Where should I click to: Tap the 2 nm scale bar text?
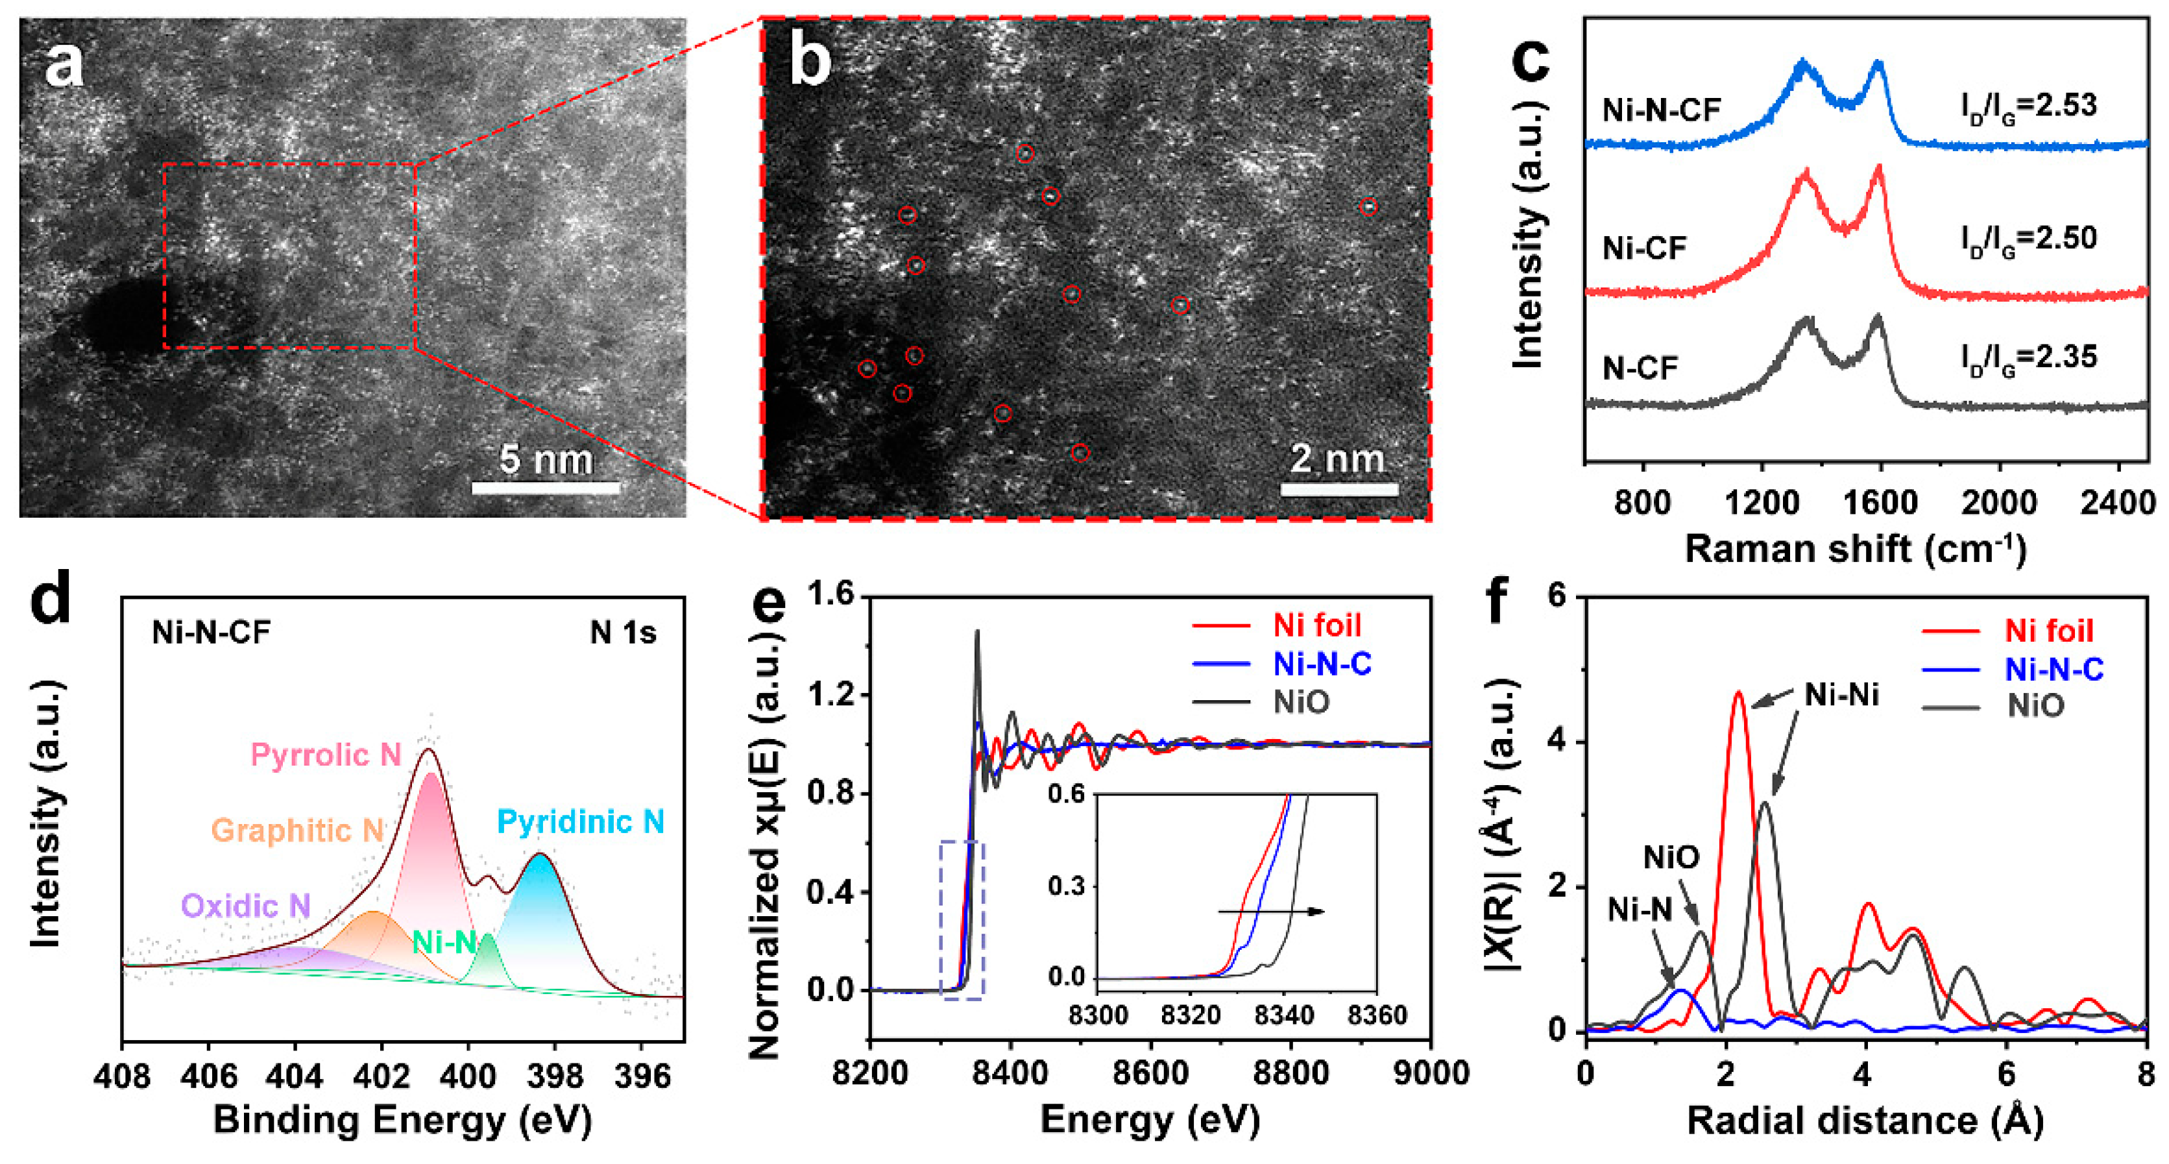[1337, 459]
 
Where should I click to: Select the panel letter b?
[809, 63]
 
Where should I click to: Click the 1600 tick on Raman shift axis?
[1880, 503]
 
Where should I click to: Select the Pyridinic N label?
[580, 821]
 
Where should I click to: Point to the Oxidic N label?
[246, 905]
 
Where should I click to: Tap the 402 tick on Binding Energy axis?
[382, 1076]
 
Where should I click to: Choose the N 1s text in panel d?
[622, 633]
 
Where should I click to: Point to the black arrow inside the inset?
[1272, 912]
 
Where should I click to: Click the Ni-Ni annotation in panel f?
[1841, 695]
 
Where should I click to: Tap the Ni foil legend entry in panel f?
[2048, 631]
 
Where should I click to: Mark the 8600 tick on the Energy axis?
[1150, 1073]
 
